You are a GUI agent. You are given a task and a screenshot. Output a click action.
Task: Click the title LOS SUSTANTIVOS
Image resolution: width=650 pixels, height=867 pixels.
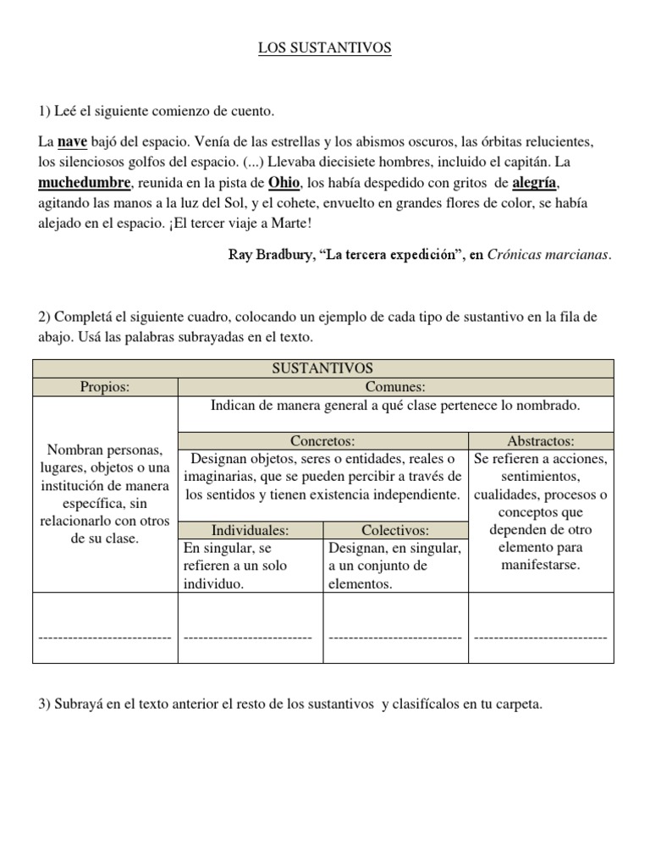(x=325, y=49)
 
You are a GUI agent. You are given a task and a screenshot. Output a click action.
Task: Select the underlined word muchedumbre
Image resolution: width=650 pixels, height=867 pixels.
(x=85, y=183)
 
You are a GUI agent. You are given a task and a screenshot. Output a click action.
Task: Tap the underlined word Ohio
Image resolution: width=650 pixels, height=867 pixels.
(x=284, y=183)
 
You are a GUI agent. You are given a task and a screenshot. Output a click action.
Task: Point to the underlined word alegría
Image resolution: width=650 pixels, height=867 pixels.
(x=535, y=183)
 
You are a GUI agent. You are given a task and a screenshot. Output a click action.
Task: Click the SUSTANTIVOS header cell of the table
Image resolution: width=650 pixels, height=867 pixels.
(x=323, y=368)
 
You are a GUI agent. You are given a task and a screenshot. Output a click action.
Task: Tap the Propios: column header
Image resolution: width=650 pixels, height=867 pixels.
(x=105, y=387)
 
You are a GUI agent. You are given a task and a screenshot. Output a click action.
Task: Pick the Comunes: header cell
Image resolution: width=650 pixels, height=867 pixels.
(x=395, y=387)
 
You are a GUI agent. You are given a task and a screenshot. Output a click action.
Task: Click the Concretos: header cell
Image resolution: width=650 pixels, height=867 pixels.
(x=322, y=440)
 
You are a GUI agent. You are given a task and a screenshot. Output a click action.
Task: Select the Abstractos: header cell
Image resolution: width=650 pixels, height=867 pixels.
(x=540, y=440)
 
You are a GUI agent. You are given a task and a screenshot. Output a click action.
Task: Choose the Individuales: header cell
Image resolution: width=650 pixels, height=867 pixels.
(x=251, y=530)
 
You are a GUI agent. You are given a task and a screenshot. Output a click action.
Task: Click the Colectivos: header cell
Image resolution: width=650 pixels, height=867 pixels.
(x=395, y=530)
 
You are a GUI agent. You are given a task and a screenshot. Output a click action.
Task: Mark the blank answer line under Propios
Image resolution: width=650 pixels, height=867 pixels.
(x=105, y=636)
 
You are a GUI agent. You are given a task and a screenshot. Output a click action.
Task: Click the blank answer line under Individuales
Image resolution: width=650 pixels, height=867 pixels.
(x=248, y=636)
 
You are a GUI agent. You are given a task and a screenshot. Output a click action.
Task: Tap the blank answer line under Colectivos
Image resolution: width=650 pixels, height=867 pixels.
(x=395, y=636)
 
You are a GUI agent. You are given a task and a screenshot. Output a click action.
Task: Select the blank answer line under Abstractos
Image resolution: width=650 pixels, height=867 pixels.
(x=540, y=636)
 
